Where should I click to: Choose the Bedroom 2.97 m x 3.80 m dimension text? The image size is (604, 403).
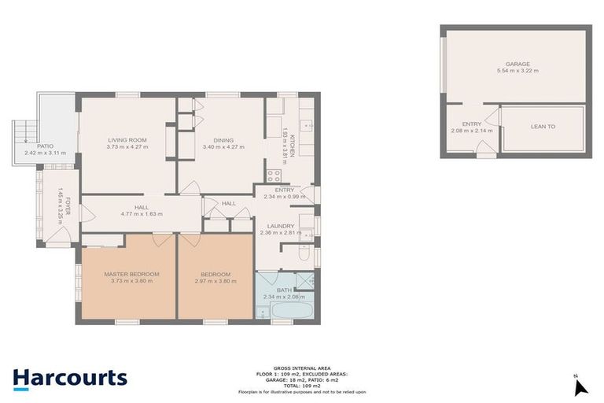coord(214,281)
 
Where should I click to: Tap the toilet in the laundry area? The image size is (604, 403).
coord(305,253)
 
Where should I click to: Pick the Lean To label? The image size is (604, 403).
coord(543,126)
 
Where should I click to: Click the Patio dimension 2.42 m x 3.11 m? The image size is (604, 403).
coord(45,153)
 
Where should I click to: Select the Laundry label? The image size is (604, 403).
coord(281,225)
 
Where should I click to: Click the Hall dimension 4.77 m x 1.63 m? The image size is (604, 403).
coord(142,213)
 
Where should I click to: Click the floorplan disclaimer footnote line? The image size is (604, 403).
coord(301,392)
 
